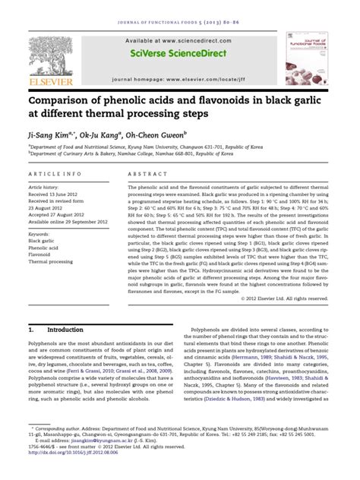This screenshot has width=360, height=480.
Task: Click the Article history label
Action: pyautogui.click(x=46, y=185)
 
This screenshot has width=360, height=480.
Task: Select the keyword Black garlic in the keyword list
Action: pyautogui.click(x=45, y=241)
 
